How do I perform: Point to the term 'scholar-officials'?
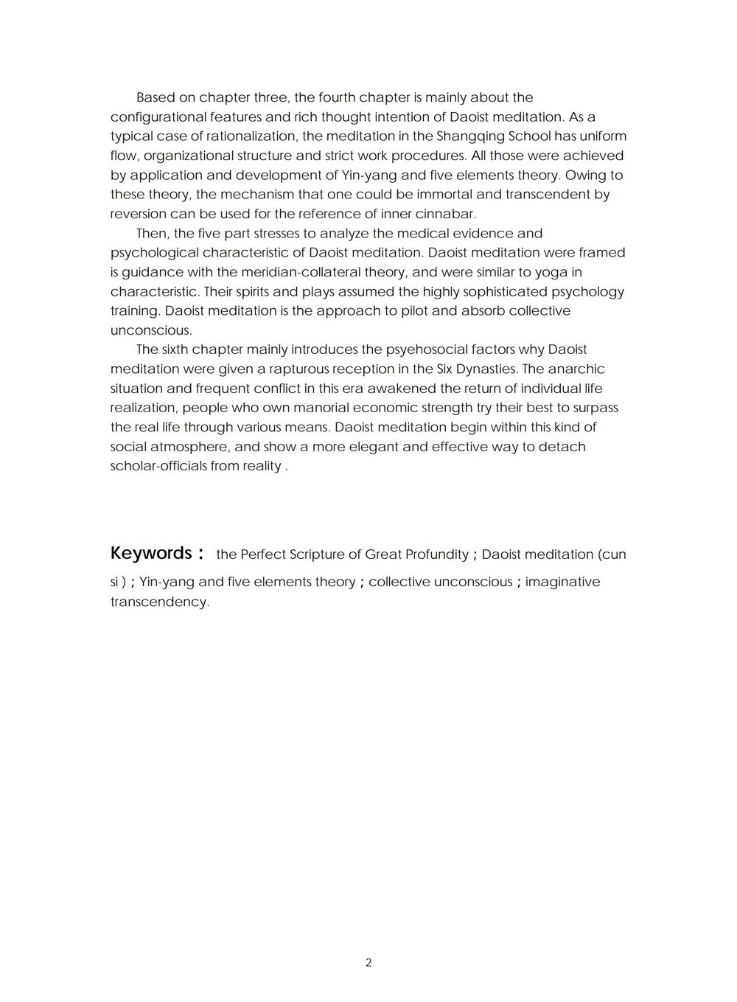coord(158,466)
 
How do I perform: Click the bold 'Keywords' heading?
coord(151,553)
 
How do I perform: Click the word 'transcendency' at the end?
coord(158,602)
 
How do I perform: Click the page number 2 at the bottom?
coord(368,963)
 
